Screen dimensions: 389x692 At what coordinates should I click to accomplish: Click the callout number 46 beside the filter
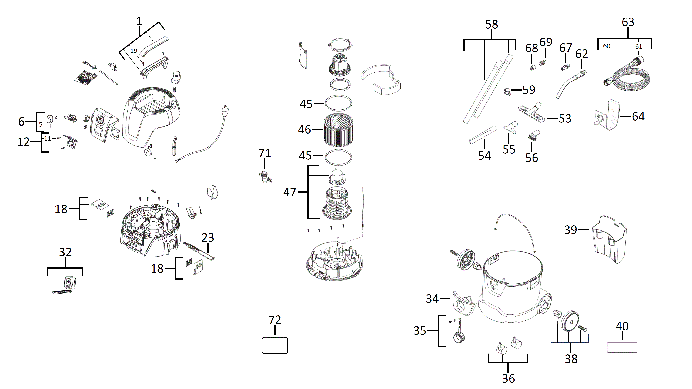(x=304, y=129)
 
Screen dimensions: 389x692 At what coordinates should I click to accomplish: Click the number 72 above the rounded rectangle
(x=275, y=320)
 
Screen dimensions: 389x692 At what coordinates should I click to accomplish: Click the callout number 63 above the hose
(x=628, y=22)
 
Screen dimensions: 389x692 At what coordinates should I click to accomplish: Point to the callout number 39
(x=571, y=230)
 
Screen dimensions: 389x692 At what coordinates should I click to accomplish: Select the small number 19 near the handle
(x=134, y=51)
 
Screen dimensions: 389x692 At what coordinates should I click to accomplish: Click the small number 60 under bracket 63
(x=607, y=46)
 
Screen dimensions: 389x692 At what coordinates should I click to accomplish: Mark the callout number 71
(x=265, y=153)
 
